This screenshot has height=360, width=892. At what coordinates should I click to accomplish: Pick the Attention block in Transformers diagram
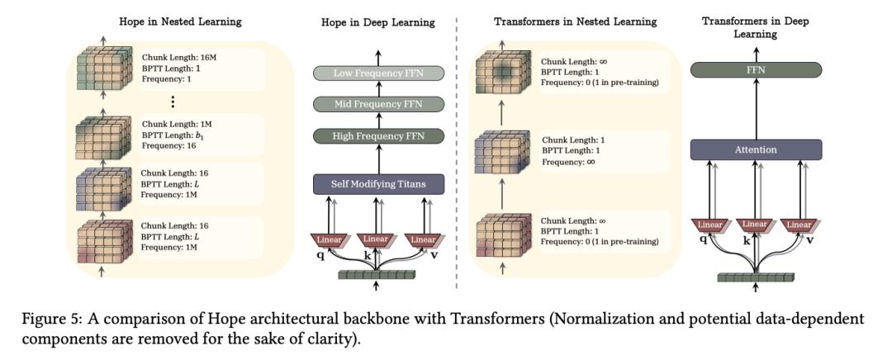coord(756,149)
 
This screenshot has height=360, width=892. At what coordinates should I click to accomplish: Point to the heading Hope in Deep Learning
coord(377,22)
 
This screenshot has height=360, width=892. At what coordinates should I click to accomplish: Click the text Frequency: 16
coord(165,145)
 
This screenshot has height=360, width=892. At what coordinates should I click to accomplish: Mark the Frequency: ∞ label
coord(567,162)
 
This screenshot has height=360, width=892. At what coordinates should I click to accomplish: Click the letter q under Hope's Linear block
coord(320,255)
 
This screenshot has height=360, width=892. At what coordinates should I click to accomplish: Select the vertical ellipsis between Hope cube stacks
coord(172,102)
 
